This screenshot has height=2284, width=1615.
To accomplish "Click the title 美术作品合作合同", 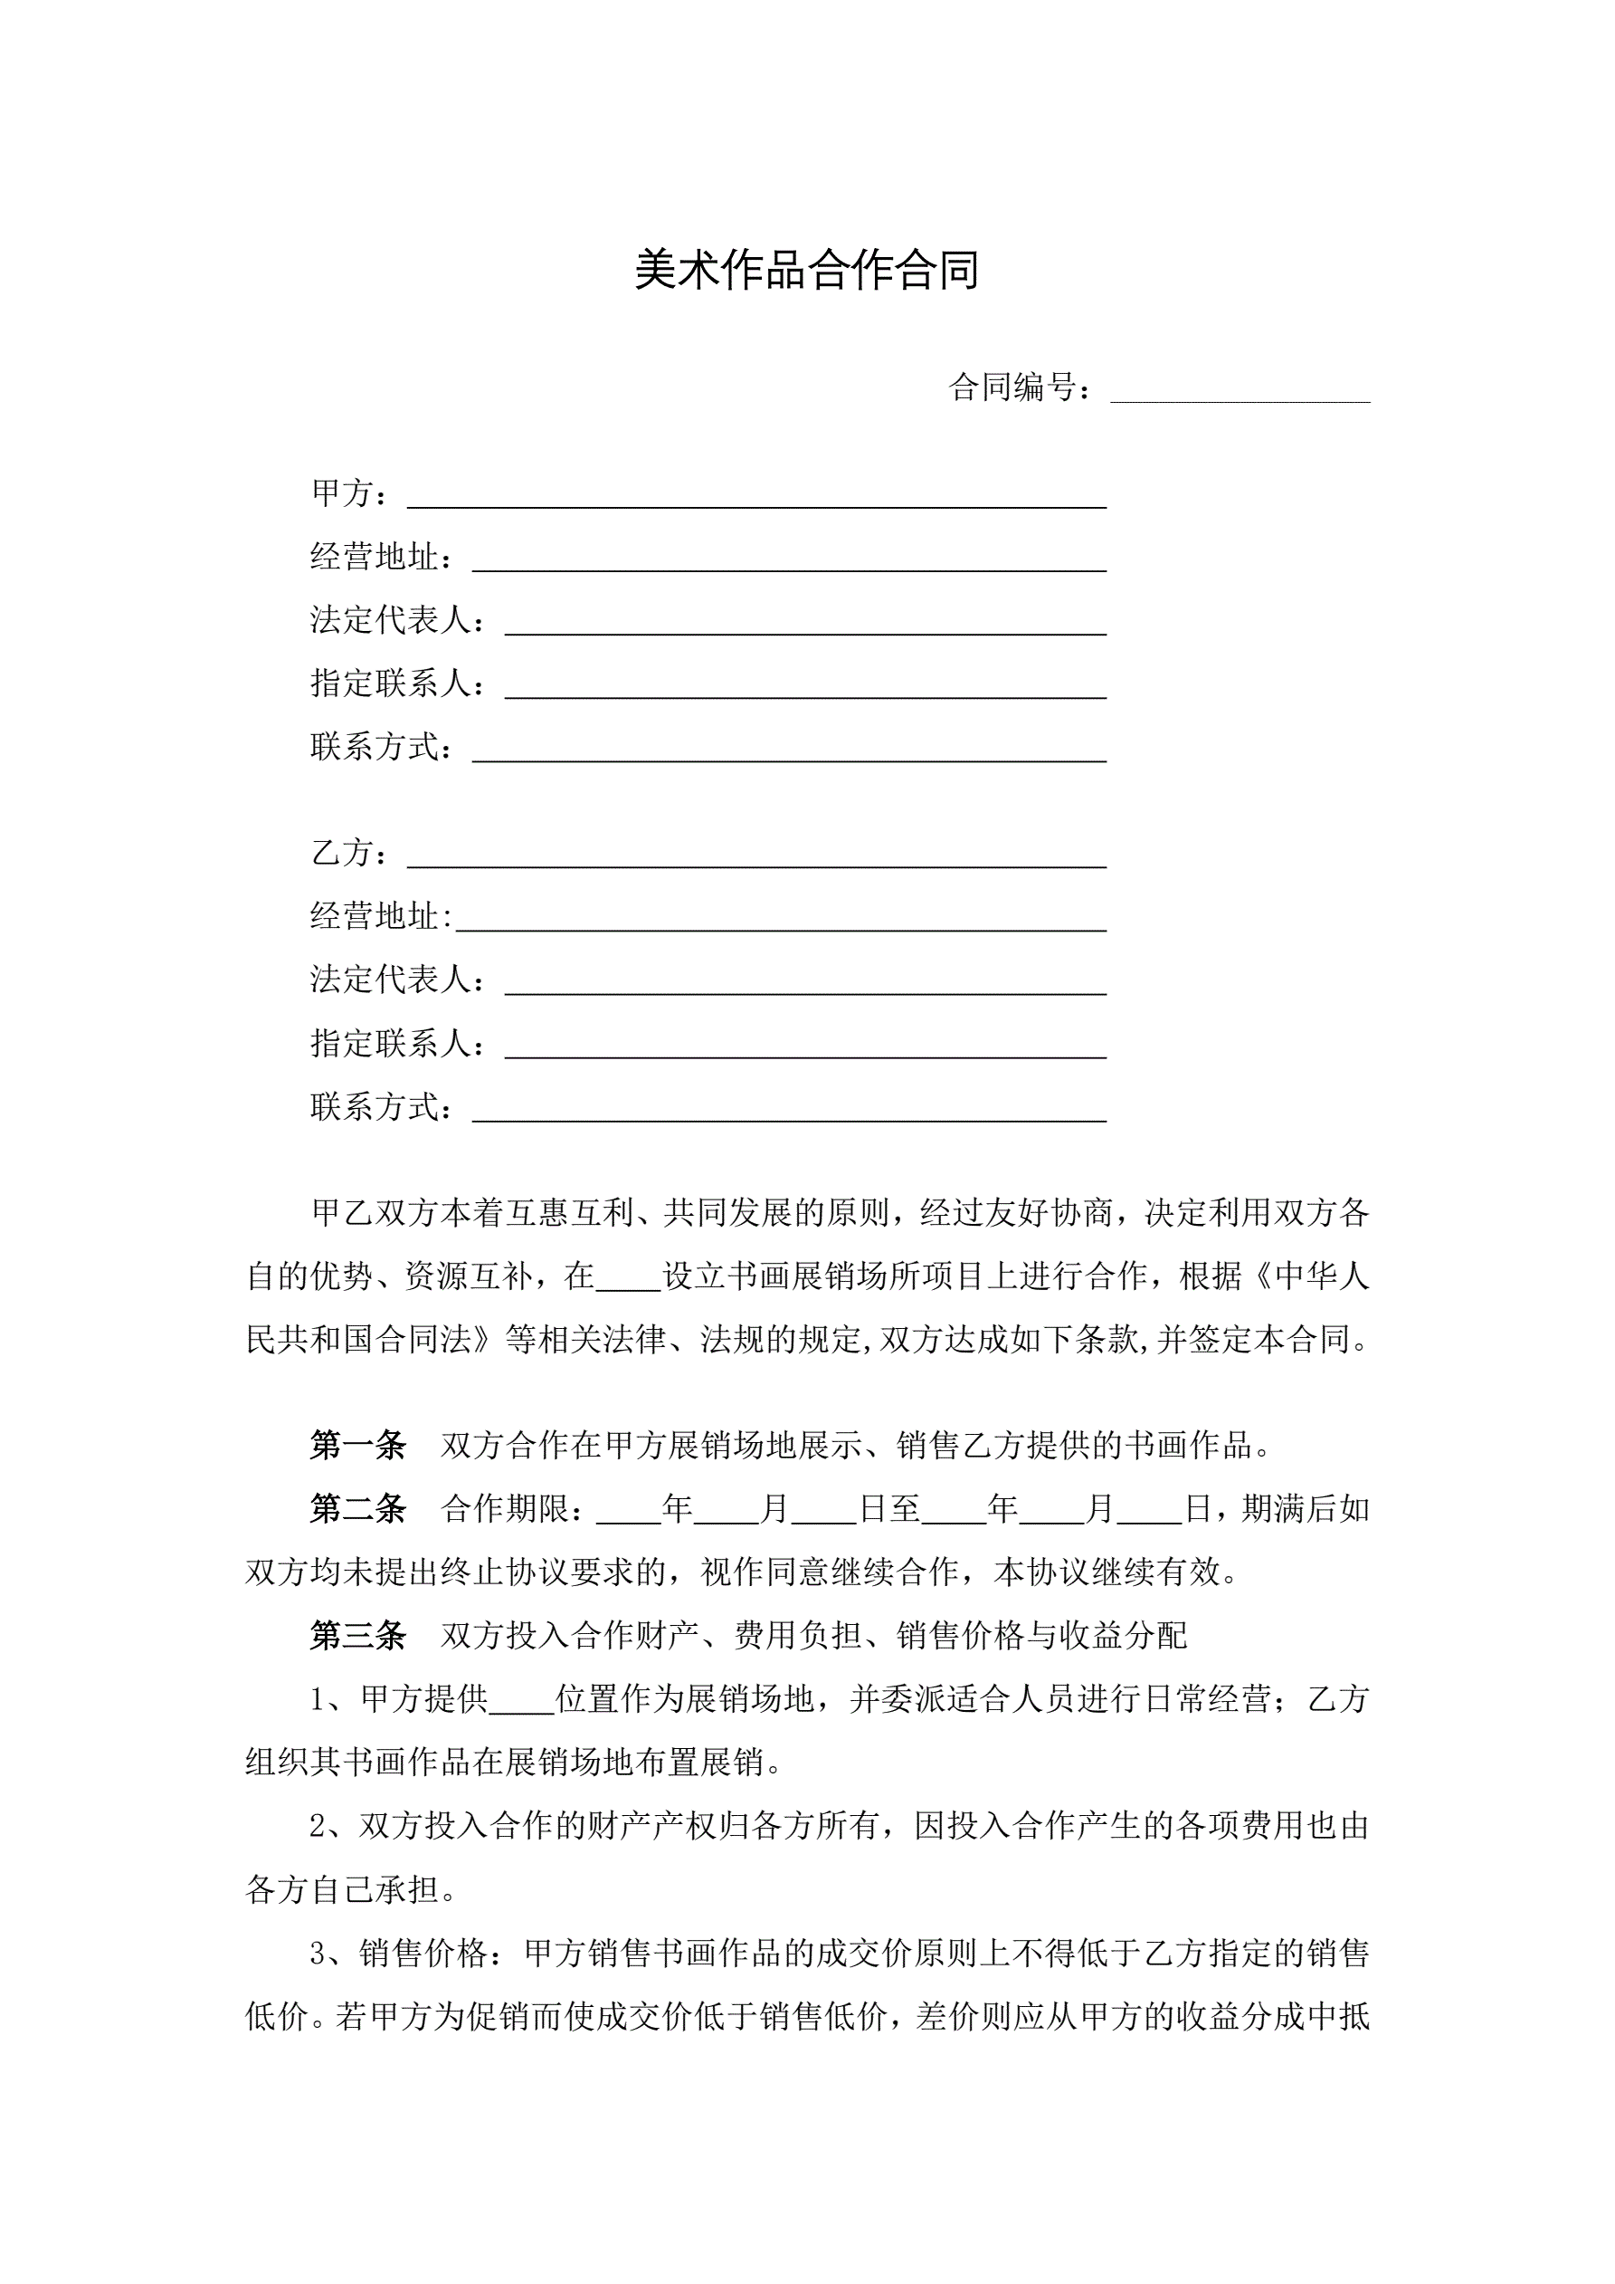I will (806, 271).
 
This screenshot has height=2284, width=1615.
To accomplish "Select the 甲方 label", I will (342, 493).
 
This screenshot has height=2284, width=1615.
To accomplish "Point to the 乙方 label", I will (342, 853).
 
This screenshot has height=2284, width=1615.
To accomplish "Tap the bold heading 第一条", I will (358, 1446).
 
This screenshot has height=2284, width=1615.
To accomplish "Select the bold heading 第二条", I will (358, 1509).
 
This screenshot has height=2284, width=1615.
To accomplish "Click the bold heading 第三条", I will (358, 1636).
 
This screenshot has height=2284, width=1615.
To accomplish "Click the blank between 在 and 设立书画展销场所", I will (629, 1280).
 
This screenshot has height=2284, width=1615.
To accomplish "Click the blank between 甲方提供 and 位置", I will (522, 1704).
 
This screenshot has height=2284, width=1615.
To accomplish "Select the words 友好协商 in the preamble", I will (1047, 1213).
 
